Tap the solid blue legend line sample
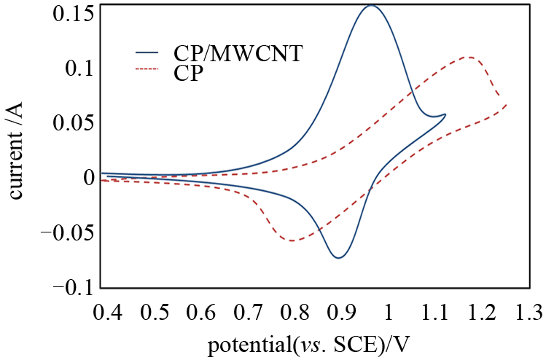[147, 53]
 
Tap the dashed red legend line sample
[147, 70]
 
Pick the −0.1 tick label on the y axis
[72, 288]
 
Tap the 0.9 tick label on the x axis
[342, 313]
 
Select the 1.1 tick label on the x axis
[435, 313]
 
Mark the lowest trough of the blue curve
[339, 257]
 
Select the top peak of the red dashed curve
[470, 57]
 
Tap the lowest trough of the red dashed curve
[292, 240]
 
